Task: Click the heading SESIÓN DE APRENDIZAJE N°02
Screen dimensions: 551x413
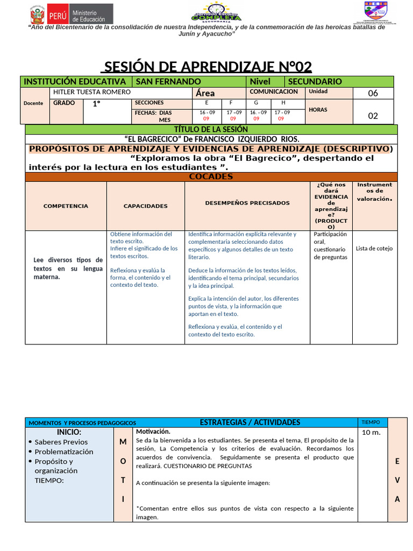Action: point(207,67)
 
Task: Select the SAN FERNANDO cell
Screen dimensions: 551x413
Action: point(168,81)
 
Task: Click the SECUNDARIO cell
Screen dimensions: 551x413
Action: point(315,81)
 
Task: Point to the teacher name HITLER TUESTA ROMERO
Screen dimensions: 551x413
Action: point(92,92)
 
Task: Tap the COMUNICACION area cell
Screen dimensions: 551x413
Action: point(274,92)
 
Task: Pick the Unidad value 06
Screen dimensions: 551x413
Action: point(373,93)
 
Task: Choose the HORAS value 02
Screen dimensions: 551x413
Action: point(373,115)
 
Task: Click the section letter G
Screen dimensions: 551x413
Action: point(256,103)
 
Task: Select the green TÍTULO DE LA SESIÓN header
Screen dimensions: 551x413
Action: point(211,129)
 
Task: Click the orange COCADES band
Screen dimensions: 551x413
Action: point(211,176)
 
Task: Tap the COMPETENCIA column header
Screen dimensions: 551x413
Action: point(66,206)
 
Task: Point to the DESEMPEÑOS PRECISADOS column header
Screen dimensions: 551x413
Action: point(247,203)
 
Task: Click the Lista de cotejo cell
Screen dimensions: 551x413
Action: point(374,249)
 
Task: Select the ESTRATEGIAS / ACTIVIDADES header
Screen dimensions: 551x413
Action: point(250,422)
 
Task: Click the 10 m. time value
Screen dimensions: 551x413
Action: point(371,433)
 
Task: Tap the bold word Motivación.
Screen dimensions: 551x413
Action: point(153,432)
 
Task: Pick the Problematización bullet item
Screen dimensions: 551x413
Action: point(63,451)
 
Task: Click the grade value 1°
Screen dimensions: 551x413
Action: point(97,104)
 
